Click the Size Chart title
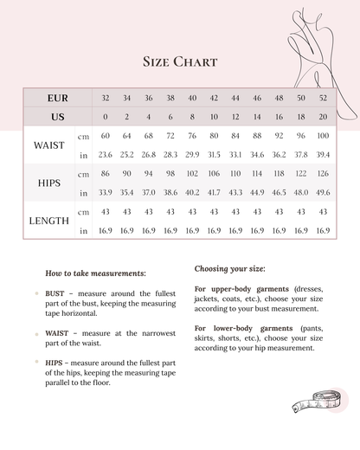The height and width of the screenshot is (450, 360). tap(179, 61)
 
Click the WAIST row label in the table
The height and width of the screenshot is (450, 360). tap(48, 145)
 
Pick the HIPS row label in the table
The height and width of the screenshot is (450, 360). tap(49, 183)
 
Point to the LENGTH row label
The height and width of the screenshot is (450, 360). tap(48, 221)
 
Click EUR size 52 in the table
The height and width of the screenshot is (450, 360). tap(323, 98)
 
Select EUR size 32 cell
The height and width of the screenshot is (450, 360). tap(106, 98)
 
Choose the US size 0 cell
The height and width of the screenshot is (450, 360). tap(106, 117)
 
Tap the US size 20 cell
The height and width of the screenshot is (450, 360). tap(323, 117)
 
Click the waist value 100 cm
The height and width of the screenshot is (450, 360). tap(323, 136)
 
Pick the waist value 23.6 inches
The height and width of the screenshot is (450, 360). tap(106, 155)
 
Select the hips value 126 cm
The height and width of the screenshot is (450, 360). tap(323, 174)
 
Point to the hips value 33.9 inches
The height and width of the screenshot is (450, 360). tap(106, 193)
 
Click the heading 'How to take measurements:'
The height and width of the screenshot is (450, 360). tap(95, 273)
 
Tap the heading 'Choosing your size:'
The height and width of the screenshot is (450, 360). tap(229, 268)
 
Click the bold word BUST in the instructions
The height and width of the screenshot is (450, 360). tap(55, 294)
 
